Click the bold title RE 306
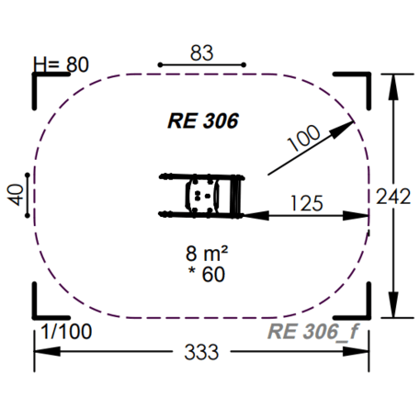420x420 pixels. coord(203,119)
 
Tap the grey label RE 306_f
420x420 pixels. coord(311,333)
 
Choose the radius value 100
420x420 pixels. coord(304,139)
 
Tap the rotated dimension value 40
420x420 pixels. coord(15,194)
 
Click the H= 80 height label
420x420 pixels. coord(61,65)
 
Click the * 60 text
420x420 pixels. coord(205,273)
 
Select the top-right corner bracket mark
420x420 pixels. coord(357,83)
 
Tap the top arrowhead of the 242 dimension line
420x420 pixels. coord(395,77)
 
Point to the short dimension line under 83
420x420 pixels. coord(203,65)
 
